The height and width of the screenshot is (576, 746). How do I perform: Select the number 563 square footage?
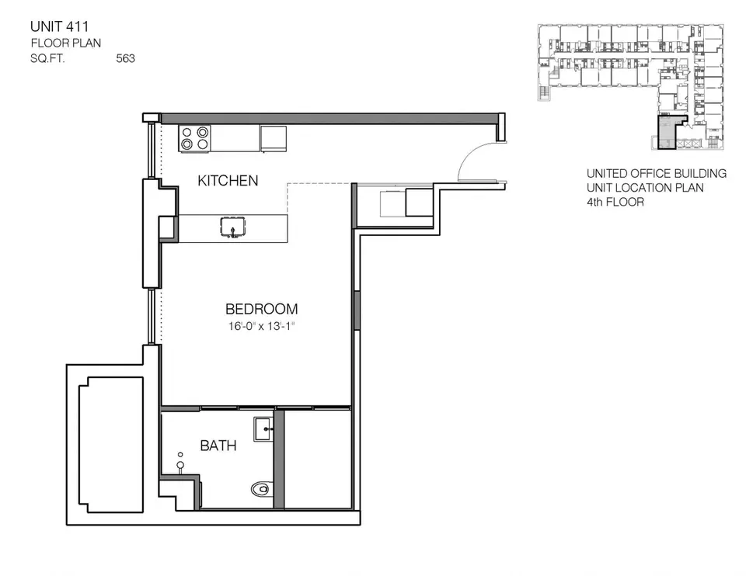(x=125, y=58)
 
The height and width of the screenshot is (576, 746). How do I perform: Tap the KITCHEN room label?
(x=228, y=181)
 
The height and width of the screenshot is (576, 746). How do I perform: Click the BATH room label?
(x=218, y=446)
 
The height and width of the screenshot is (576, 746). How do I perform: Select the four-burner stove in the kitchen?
(x=195, y=137)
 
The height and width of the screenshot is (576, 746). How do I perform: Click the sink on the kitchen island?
(x=232, y=228)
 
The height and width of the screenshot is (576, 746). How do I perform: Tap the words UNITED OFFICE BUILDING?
(x=657, y=173)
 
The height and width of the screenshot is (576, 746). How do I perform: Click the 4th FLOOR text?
(x=615, y=202)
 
